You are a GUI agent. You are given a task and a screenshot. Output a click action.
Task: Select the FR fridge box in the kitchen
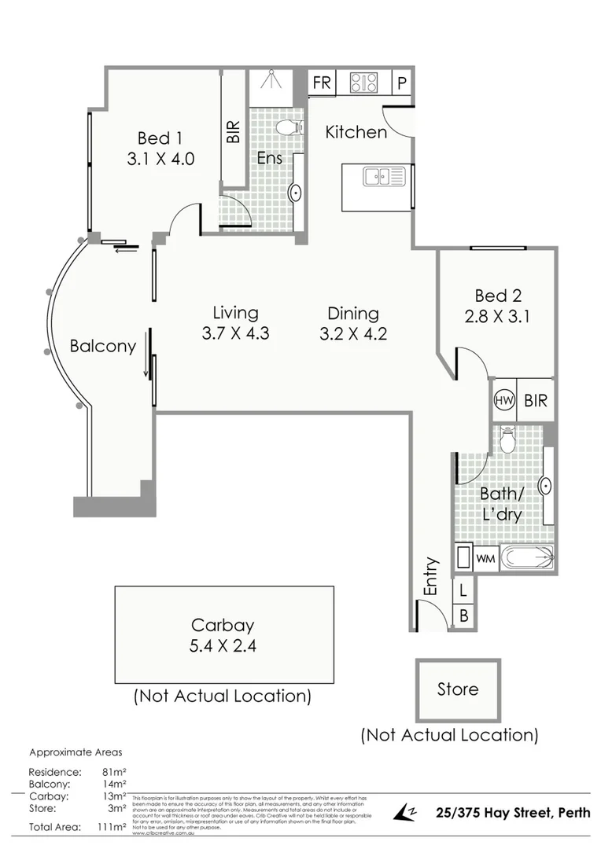[322, 83]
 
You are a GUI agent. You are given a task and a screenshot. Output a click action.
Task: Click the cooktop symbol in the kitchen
[363, 82]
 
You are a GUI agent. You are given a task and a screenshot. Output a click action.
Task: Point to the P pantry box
[400, 83]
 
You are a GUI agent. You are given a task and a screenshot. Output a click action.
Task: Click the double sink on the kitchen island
[383, 176]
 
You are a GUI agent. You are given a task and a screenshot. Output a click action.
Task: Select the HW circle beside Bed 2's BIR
[503, 400]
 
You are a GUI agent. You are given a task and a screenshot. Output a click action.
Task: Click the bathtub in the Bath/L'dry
[528, 559]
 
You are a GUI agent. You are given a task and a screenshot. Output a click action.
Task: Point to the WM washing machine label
[485, 559]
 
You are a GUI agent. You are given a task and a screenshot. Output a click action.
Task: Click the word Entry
[430, 576]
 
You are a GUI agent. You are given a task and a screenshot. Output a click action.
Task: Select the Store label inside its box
[457, 689]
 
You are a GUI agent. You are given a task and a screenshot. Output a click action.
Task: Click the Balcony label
[102, 346]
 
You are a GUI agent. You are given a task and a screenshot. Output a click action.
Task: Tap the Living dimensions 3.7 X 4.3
[235, 333]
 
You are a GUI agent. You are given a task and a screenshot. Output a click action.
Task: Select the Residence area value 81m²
[115, 772]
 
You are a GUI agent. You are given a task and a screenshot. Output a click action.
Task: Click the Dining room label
[353, 313]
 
